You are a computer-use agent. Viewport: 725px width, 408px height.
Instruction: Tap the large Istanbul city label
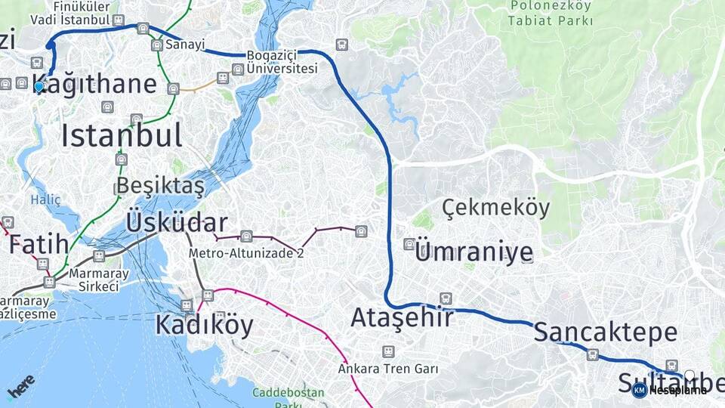[x=122, y=135]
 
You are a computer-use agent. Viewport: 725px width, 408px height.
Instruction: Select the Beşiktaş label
[x=160, y=186]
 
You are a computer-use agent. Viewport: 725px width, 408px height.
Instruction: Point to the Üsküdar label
[x=177, y=222]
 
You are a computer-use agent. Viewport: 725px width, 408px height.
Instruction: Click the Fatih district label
[x=39, y=244]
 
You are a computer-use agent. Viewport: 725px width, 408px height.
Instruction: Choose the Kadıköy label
[x=204, y=325]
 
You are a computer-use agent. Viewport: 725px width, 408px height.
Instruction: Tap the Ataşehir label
[x=402, y=317]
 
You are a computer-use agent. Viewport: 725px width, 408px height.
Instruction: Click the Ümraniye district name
[x=474, y=252]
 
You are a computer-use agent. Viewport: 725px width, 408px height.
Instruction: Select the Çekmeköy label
[x=496, y=207]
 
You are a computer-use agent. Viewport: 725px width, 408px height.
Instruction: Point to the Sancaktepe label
[x=606, y=332]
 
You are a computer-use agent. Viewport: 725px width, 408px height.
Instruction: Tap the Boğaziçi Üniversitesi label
[x=282, y=62]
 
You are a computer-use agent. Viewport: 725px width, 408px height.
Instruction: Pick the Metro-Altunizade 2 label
[x=246, y=253]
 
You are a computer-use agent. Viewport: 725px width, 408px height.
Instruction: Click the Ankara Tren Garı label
[x=388, y=369]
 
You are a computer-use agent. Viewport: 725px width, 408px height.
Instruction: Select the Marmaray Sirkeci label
[x=94, y=280]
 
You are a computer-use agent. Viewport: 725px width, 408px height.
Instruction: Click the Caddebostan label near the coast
[x=288, y=393]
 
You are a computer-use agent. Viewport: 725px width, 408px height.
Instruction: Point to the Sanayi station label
[x=185, y=45]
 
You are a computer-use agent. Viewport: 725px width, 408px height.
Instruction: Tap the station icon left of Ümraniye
[x=409, y=243]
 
